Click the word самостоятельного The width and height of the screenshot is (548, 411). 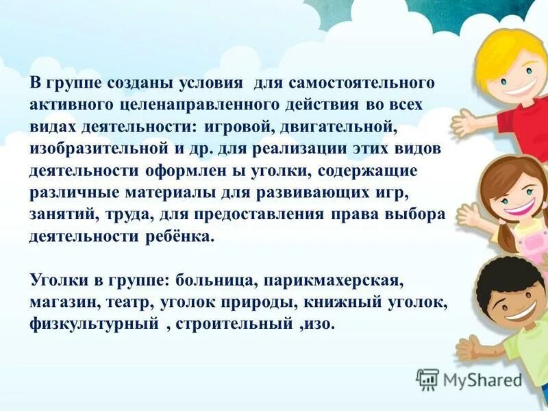(362, 84)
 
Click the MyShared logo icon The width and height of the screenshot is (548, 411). (427, 379)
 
